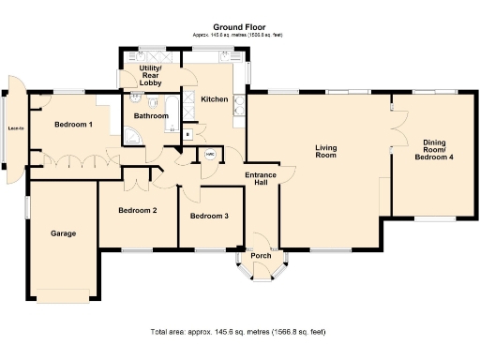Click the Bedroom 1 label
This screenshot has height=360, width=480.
click(72, 125)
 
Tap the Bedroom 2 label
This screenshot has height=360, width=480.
click(137, 210)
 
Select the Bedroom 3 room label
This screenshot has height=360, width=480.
click(209, 217)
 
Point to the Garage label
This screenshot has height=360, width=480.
click(63, 233)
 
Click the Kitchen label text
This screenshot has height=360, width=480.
click(214, 97)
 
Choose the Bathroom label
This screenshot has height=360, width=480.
click(151, 116)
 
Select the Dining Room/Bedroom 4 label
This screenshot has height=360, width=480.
click(434, 150)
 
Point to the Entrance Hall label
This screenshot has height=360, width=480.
click(260, 180)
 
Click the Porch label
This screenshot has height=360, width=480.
click(260, 255)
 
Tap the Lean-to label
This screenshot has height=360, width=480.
click(16, 127)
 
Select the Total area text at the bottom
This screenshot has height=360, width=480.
click(238, 332)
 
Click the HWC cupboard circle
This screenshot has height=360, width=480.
click(211, 156)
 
